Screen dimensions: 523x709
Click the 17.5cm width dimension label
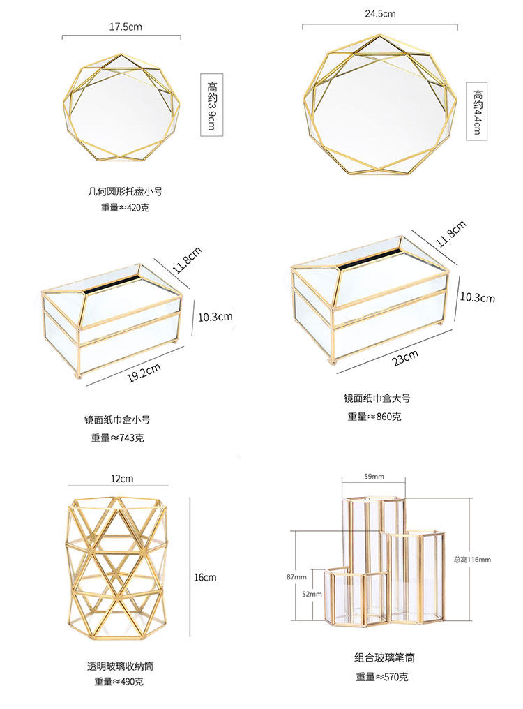click(x=121, y=27)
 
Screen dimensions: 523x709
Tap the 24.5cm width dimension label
click(x=379, y=13)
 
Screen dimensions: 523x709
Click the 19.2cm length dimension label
click(x=144, y=373)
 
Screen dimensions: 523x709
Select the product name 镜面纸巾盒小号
click(x=116, y=420)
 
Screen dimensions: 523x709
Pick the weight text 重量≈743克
click(x=116, y=438)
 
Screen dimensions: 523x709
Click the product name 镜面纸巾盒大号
click(x=376, y=399)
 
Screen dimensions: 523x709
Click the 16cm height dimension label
click(x=205, y=577)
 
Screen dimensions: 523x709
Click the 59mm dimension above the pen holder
click(x=374, y=477)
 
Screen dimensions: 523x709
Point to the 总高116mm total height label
click(x=472, y=560)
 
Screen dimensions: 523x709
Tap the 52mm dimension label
click(x=312, y=594)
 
